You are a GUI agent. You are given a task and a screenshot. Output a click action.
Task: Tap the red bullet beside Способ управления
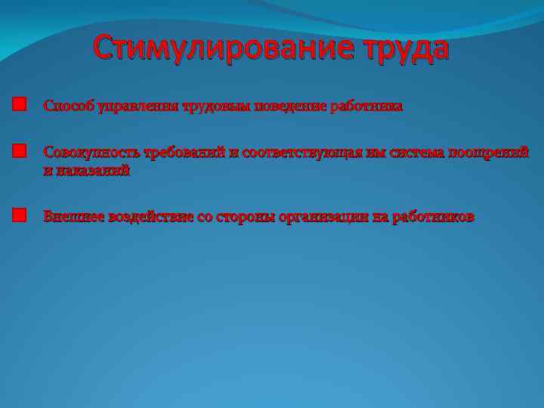coord(19,104)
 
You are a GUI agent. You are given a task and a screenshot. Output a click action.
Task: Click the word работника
coord(366,107)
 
